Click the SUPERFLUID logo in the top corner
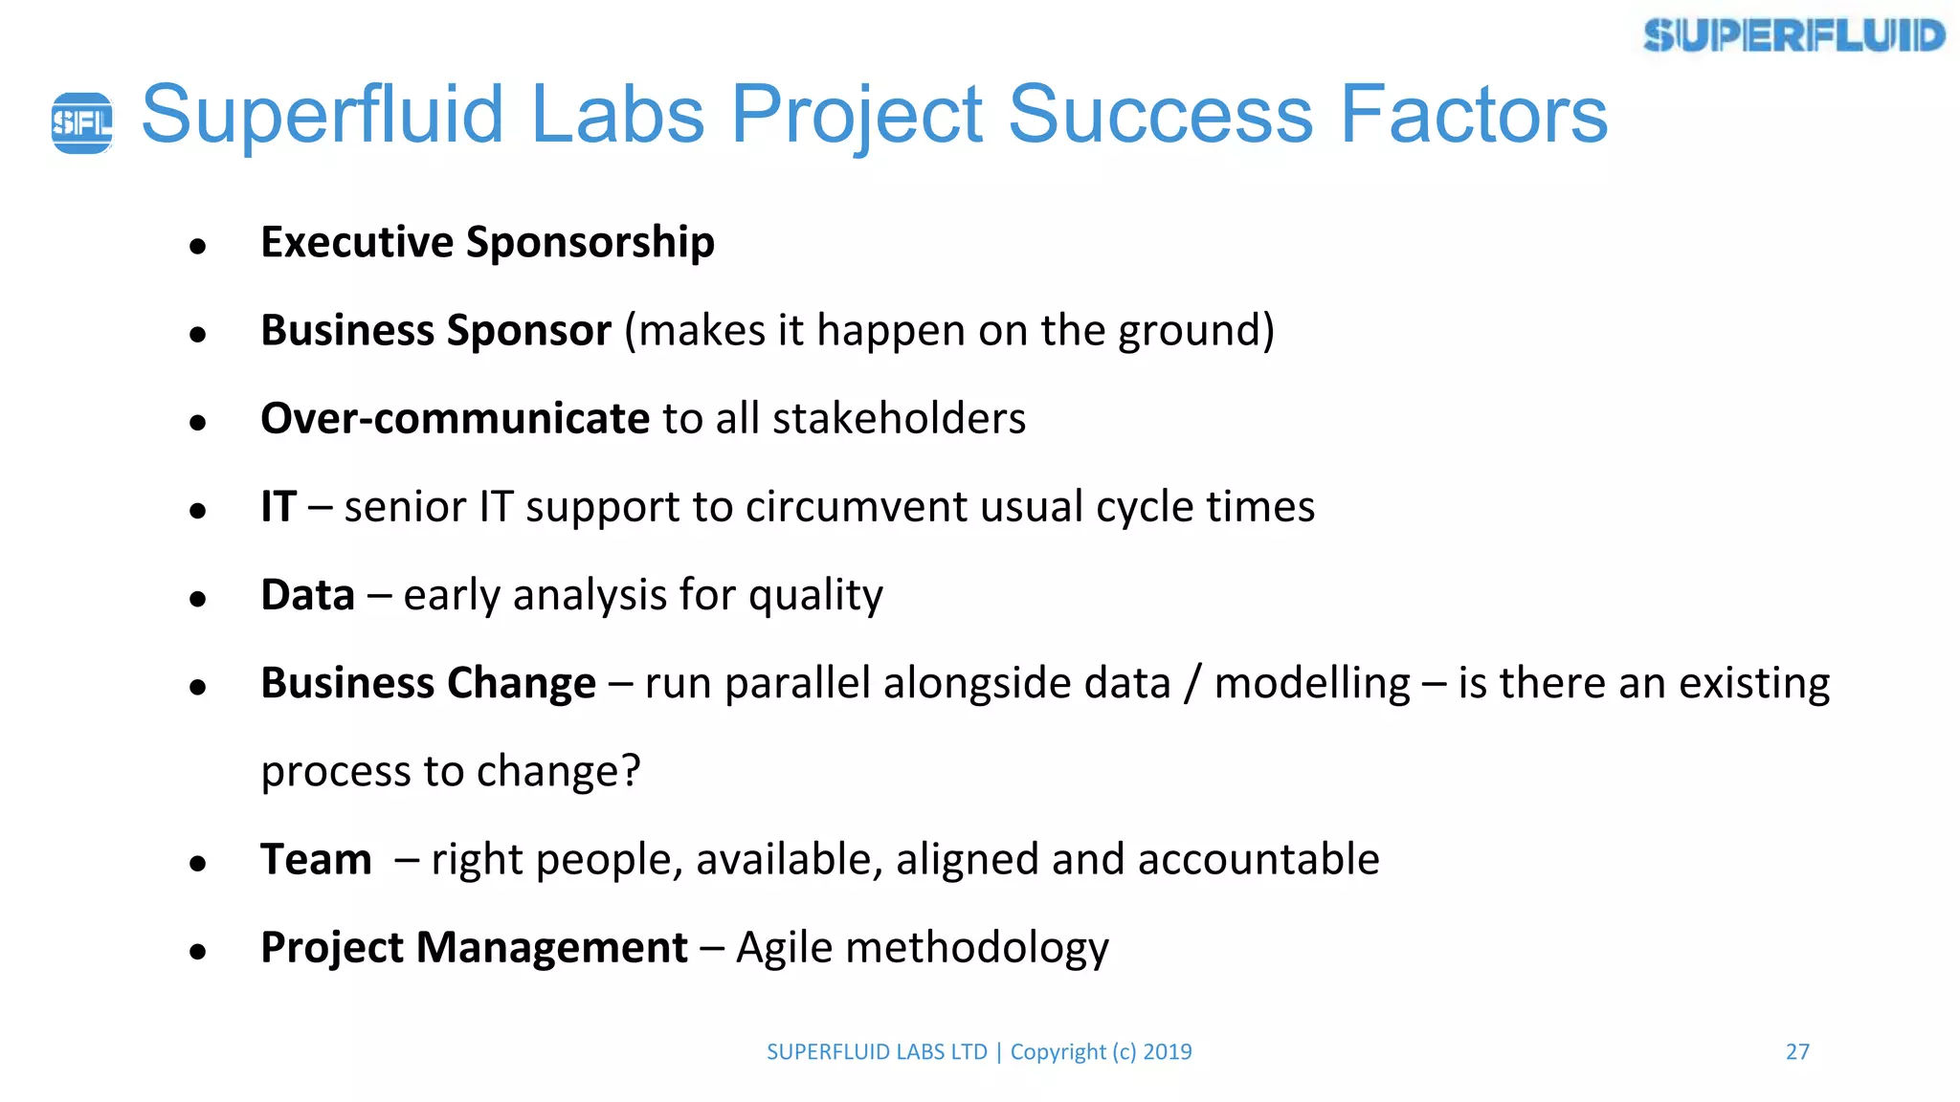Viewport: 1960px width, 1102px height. pyautogui.click(x=1793, y=36)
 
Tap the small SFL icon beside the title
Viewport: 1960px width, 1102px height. pyautogui.click(x=81, y=122)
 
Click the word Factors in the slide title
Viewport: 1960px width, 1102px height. pyautogui.click(x=1473, y=115)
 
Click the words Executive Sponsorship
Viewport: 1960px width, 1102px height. pyautogui.click(x=487, y=242)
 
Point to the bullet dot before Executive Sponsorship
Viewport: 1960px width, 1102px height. pyautogui.click(x=198, y=247)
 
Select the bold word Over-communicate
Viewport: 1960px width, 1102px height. pyautogui.click(x=456, y=419)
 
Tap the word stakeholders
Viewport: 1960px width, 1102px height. pyautogui.click(x=899, y=419)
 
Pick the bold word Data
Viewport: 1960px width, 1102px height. pyautogui.click(x=307, y=595)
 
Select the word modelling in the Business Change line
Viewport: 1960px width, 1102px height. pyautogui.click(x=1312, y=684)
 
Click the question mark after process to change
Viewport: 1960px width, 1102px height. pyautogui.click(x=631, y=771)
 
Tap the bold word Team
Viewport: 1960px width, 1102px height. pyautogui.click(x=316, y=859)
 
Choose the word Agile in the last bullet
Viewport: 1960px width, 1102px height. pyautogui.click(x=784, y=949)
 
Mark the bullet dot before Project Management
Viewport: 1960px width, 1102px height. pyautogui.click(x=198, y=952)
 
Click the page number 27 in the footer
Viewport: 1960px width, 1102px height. pyautogui.click(x=1797, y=1051)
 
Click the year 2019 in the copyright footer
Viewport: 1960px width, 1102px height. pyautogui.click(x=1168, y=1051)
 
